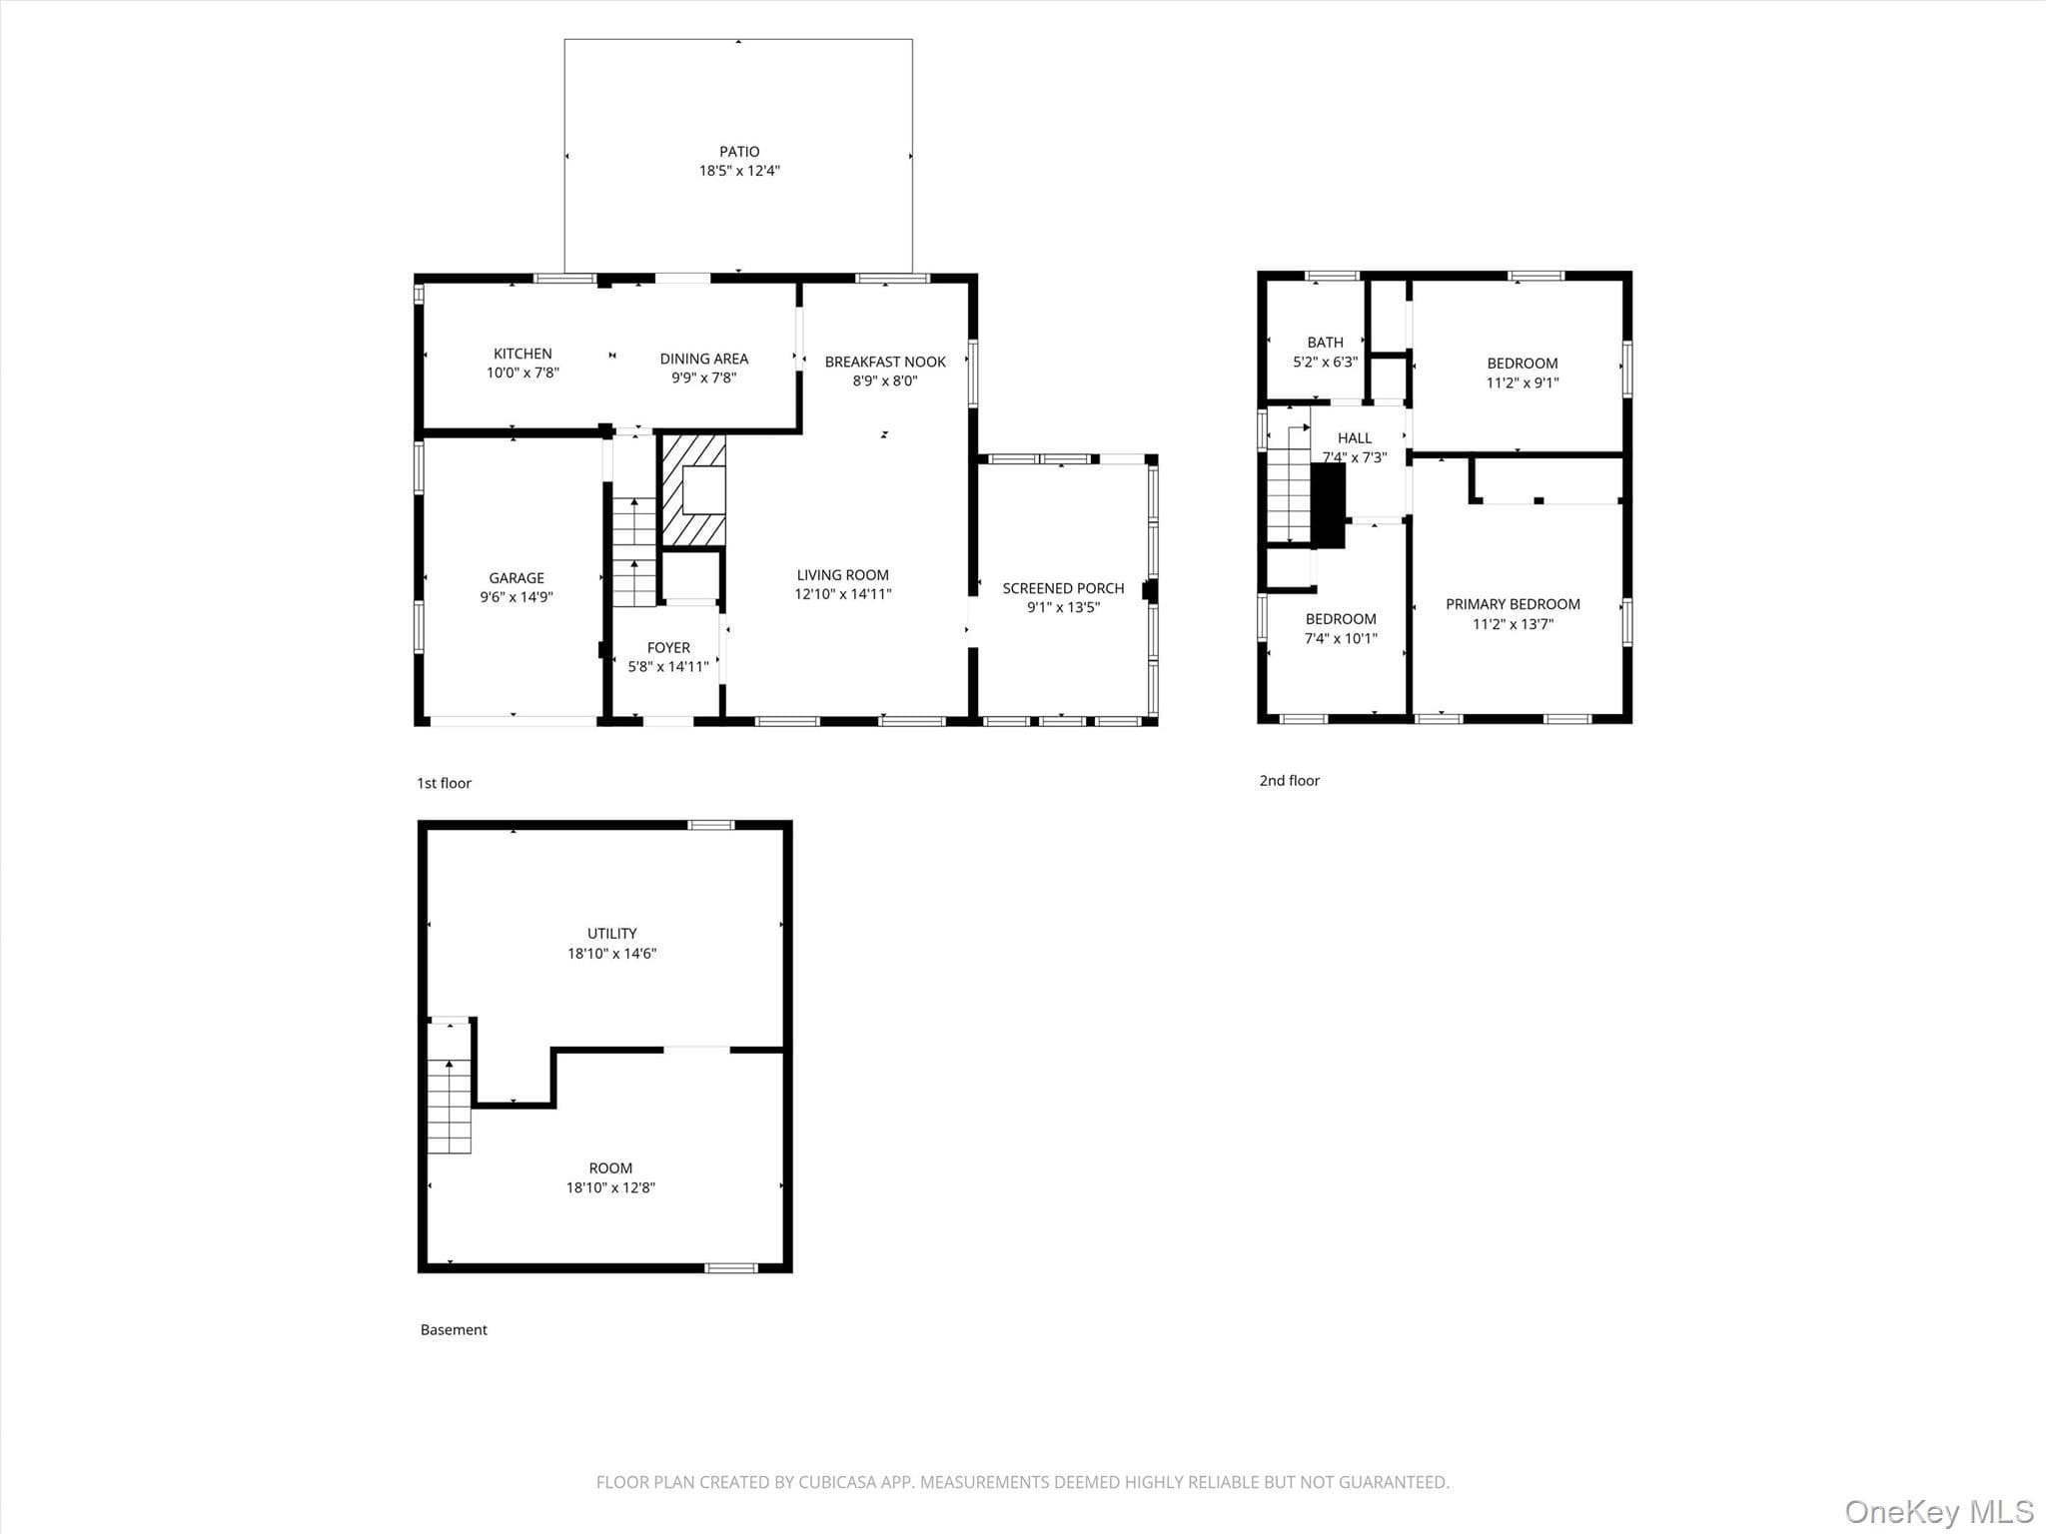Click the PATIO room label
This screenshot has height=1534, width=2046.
tap(739, 152)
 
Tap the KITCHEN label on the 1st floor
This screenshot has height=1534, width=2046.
tap(522, 354)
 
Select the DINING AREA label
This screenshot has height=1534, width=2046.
tap(704, 359)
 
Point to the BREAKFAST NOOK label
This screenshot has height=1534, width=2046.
tap(885, 362)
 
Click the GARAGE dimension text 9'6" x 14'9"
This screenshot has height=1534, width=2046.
tap(516, 597)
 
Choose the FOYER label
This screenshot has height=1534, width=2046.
tap(668, 648)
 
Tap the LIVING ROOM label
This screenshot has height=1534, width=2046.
tap(843, 575)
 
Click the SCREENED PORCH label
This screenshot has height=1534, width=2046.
tap(1063, 588)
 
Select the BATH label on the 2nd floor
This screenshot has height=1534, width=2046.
tap(1326, 343)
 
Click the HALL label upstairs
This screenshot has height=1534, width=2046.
tap(1355, 438)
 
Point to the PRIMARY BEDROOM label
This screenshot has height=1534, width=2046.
tap(1513, 604)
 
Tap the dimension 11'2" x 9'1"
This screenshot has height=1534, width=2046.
tap(1523, 383)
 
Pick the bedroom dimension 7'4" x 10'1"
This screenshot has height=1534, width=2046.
tap(1341, 638)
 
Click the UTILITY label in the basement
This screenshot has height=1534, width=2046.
tap(611, 934)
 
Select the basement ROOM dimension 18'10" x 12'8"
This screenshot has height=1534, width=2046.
tap(610, 1187)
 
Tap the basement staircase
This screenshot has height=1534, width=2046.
tap(450, 1106)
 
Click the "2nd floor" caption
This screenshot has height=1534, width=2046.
tap(1289, 781)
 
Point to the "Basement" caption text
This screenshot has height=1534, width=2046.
tap(454, 1329)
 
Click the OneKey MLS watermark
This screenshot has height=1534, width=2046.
tap(1938, 1511)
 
